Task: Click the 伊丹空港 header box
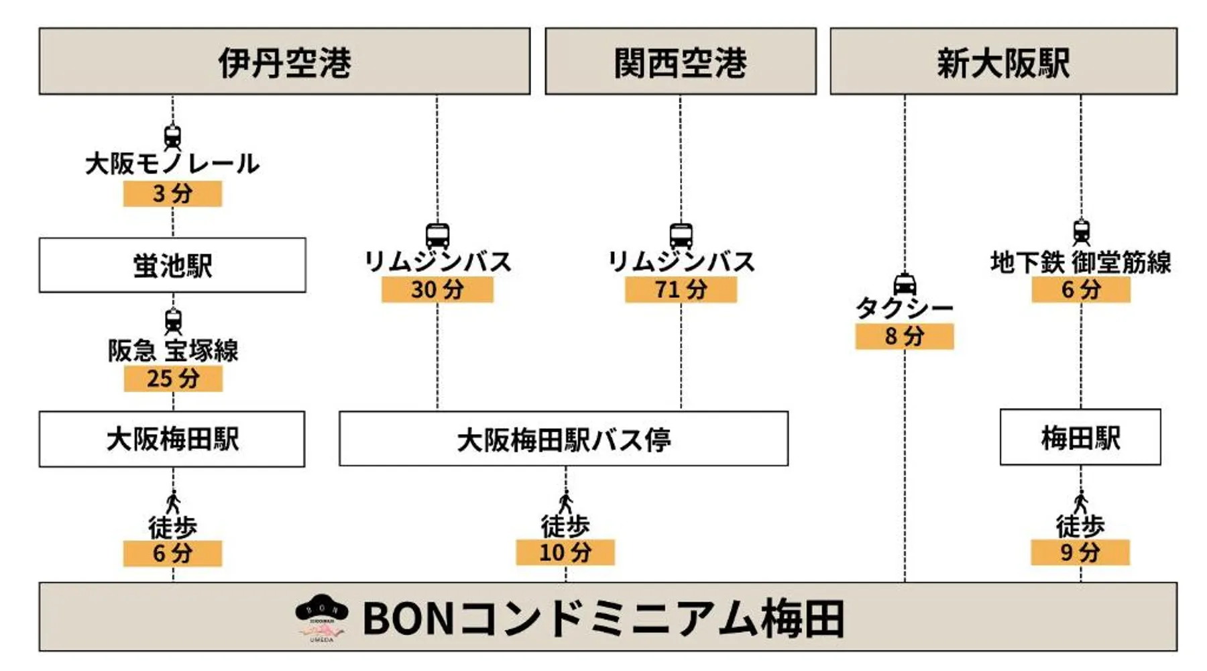(284, 61)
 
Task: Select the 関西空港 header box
(680, 61)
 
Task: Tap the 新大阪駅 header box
(1003, 61)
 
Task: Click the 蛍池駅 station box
(172, 265)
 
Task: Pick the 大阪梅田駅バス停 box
(563, 439)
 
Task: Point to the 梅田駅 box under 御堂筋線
(1080, 437)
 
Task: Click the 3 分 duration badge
(172, 193)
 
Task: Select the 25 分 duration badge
(173, 378)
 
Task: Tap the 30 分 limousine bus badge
(437, 289)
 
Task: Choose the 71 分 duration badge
(681, 289)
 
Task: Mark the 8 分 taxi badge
(904, 336)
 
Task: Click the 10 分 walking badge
(565, 552)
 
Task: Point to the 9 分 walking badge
(1080, 552)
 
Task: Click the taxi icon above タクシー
(905, 284)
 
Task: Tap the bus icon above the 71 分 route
(681, 236)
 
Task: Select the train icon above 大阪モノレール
(172, 137)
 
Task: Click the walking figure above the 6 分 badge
(173, 503)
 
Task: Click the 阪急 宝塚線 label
(173, 350)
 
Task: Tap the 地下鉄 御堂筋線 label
(1080, 262)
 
